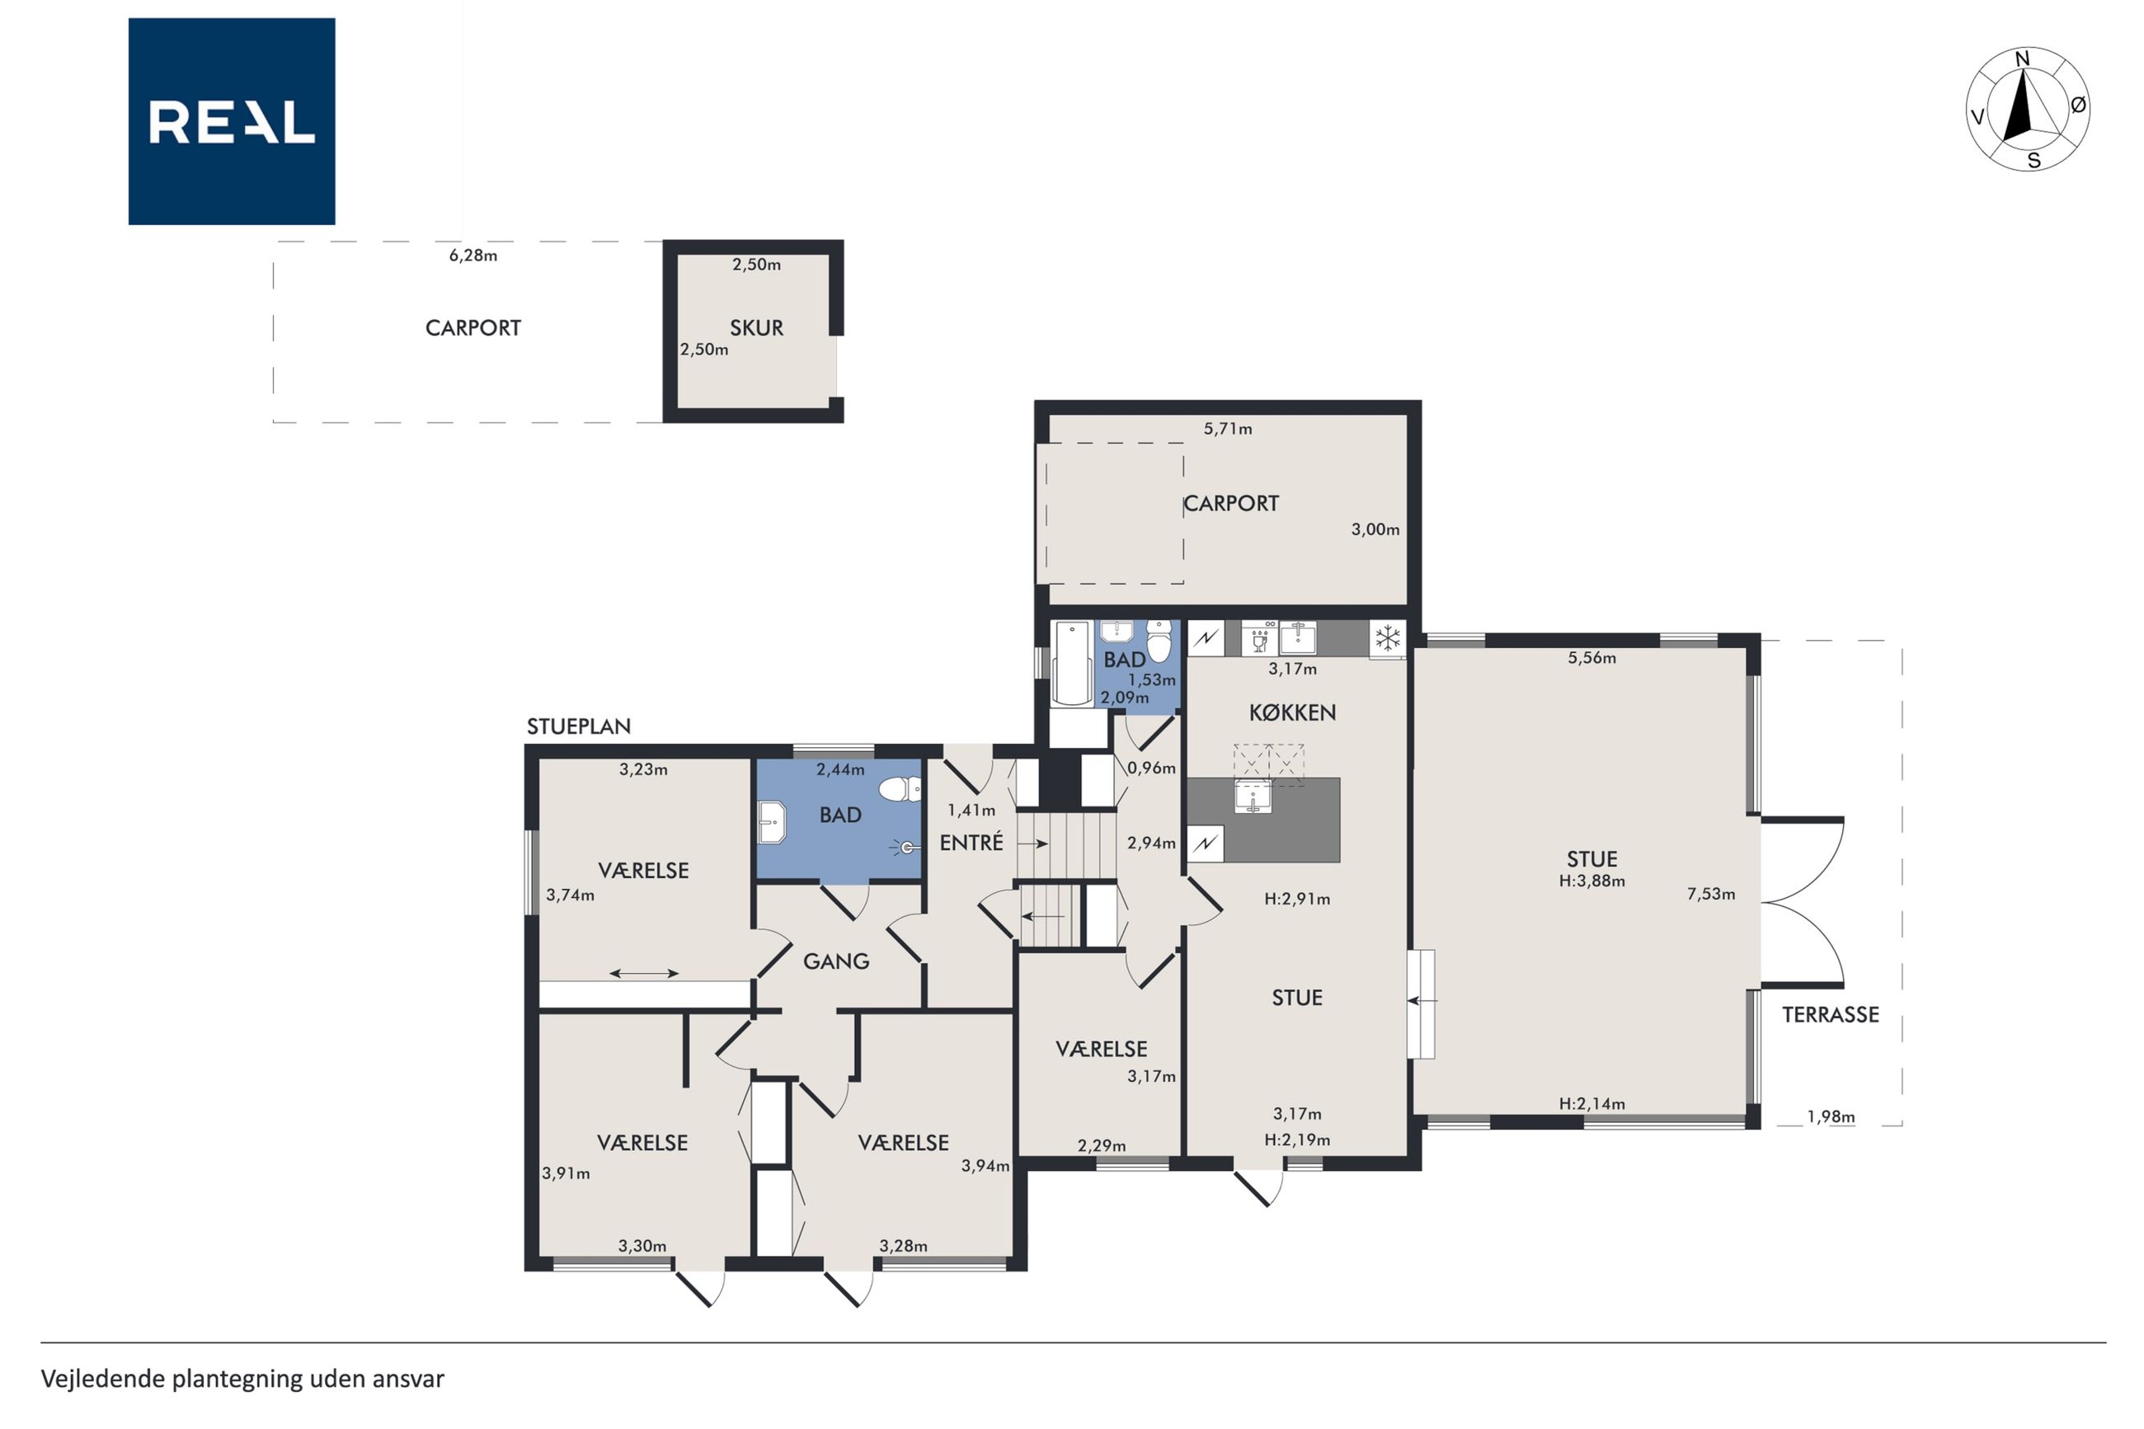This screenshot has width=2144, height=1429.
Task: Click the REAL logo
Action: (232, 121)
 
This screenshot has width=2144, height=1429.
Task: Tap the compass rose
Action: (2028, 110)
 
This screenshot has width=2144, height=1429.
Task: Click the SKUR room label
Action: (756, 328)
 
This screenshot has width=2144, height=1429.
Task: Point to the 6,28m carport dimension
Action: (473, 255)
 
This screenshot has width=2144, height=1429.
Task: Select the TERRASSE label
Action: (1830, 1014)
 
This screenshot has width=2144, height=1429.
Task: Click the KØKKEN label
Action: (1292, 712)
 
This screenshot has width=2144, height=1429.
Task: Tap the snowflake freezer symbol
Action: (1387, 638)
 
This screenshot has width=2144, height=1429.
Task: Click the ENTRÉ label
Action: (971, 842)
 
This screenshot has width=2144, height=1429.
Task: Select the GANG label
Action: (835, 961)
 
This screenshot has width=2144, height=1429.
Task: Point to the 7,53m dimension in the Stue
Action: (1710, 894)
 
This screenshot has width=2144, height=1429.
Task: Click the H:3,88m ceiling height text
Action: (1592, 881)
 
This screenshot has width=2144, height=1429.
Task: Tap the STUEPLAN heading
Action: (579, 726)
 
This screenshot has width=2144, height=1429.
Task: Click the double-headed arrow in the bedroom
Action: (643, 973)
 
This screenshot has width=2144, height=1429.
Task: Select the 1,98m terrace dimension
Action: (1831, 1116)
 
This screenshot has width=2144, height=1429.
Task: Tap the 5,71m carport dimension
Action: (1227, 428)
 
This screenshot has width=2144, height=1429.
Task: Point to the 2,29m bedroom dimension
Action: (1102, 1145)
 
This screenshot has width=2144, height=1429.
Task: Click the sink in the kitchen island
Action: (1253, 797)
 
